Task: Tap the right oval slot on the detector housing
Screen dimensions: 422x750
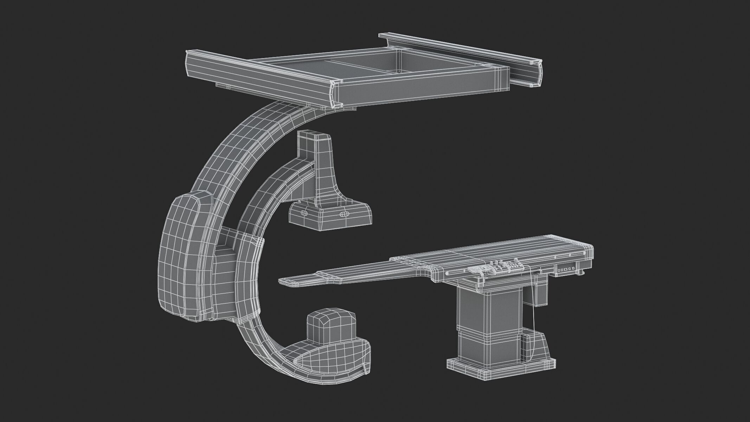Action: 344,214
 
